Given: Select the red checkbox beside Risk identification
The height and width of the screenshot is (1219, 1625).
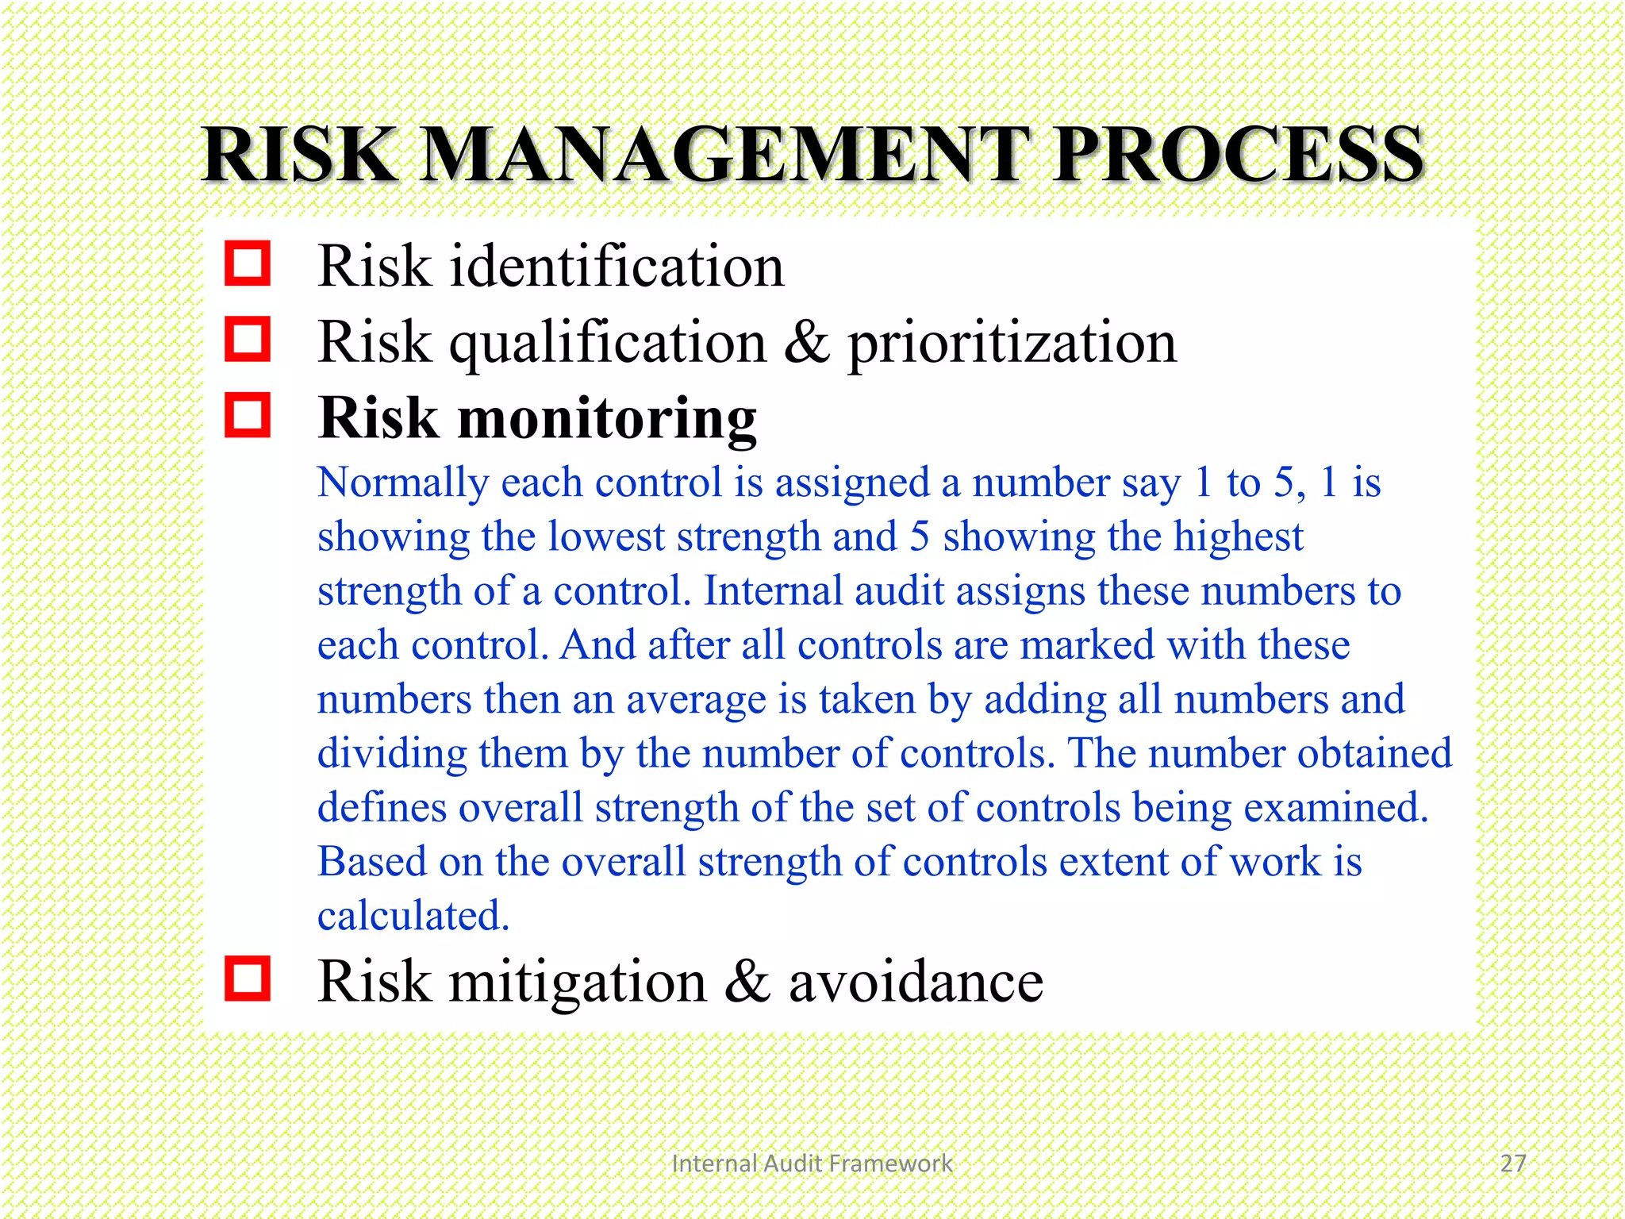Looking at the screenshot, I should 248,263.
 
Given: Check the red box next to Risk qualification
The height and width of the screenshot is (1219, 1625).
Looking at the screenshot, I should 248,340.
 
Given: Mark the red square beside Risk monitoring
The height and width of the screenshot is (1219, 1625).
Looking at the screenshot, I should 248,415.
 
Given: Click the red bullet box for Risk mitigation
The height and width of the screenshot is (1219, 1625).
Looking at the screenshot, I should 248,979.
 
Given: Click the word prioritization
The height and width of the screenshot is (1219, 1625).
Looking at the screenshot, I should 1012,343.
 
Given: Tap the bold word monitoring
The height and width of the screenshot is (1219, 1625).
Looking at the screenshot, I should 607,418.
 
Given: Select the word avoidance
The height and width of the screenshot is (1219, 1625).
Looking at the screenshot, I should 916,982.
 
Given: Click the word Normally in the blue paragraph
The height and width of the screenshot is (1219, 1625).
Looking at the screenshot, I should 403,483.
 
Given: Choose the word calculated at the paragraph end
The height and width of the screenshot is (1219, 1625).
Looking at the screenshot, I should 413,916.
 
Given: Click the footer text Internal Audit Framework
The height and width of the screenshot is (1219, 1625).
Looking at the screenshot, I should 811,1163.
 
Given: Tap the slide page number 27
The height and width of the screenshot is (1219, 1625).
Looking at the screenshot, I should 1513,1163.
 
